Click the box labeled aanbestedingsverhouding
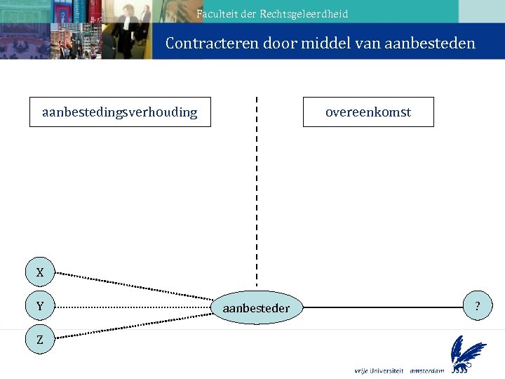click(119, 112)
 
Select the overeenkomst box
click(368, 112)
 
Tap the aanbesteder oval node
click(256, 308)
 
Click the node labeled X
click(40, 272)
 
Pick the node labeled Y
click(40, 307)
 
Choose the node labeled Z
click(40, 340)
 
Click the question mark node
click(478, 307)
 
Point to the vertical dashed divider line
click(257, 189)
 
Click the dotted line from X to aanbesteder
click(133, 288)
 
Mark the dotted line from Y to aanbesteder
click(133, 307)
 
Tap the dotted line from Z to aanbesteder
click(133, 325)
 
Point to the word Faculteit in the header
click(217, 14)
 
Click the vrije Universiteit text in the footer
click(379, 371)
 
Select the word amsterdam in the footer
click(427, 371)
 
